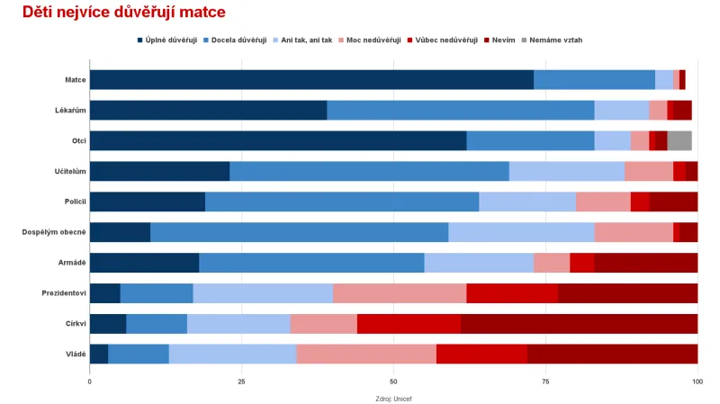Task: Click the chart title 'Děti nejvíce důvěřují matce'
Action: (x=123, y=13)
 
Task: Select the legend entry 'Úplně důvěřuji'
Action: (x=170, y=40)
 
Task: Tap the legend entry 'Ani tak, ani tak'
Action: (x=306, y=40)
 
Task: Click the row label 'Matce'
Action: (x=76, y=79)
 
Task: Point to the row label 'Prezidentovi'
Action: (x=64, y=293)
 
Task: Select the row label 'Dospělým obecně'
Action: (x=54, y=232)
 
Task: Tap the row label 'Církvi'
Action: (x=74, y=324)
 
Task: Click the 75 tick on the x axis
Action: (x=545, y=382)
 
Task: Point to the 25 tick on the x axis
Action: (x=241, y=382)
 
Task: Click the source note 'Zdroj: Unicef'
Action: (x=393, y=398)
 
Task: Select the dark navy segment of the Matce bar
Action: (x=311, y=79)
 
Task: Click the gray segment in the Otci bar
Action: (x=679, y=140)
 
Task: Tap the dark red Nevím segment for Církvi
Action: (x=579, y=324)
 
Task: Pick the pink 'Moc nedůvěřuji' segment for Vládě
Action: (x=366, y=355)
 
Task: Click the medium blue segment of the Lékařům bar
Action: (x=460, y=110)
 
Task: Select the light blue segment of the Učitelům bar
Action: (x=567, y=171)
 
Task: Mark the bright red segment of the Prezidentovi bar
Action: (x=512, y=293)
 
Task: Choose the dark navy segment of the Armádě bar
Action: (x=144, y=263)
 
